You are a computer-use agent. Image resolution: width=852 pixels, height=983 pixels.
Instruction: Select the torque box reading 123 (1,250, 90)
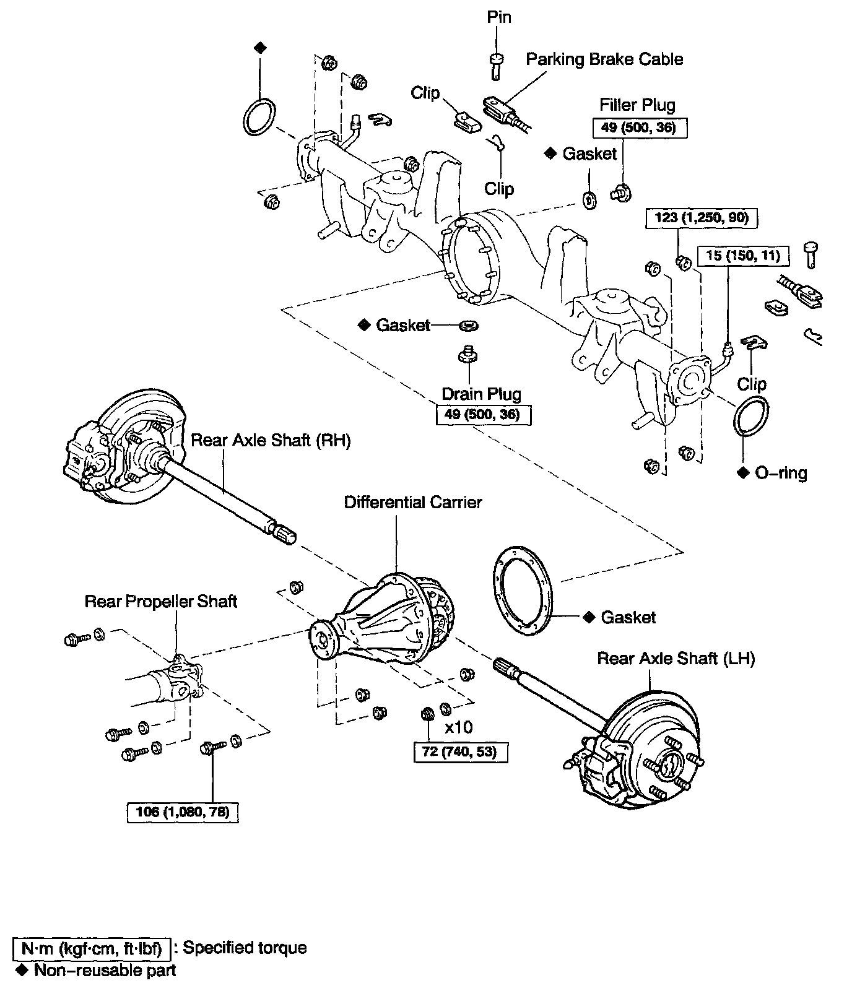pyautogui.click(x=702, y=217)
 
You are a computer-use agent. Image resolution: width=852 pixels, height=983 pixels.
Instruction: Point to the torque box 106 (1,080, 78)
pyautogui.click(x=182, y=812)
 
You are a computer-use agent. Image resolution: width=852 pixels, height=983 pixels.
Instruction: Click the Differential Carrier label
pyautogui.click(x=413, y=502)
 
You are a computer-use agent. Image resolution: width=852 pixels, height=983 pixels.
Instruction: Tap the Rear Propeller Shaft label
pyautogui.click(x=161, y=601)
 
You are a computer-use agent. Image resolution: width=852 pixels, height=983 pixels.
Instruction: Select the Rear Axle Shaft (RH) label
pyautogui.click(x=271, y=440)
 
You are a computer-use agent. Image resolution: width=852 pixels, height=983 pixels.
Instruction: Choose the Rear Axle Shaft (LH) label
pyautogui.click(x=676, y=658)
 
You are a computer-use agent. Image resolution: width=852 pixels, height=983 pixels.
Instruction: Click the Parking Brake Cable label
pyautogui.click(x=604, y=59)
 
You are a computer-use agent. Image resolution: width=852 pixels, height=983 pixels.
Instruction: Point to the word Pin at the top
pyautogui.click(x=498, y=17)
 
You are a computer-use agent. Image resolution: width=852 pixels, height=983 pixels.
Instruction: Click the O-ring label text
pyautogui.click(x=781, y=473)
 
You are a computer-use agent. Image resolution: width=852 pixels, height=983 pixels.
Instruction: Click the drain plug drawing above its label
pyautogui.click(x=469, y=355)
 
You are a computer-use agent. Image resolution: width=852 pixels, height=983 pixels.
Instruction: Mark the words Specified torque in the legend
pyautogui.click(x=245, y=948)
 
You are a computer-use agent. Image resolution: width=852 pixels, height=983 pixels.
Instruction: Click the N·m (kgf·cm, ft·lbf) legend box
pyautogui.click(x=92, y=948)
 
